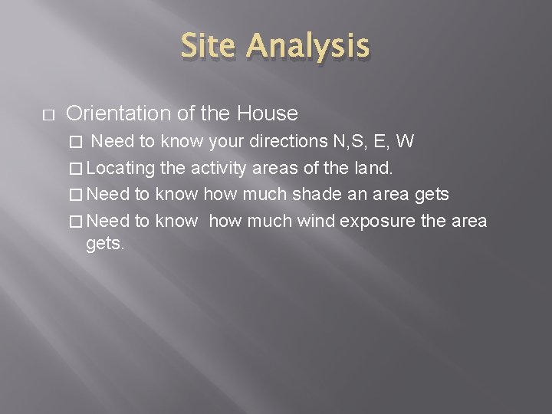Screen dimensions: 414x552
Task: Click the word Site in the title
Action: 209,47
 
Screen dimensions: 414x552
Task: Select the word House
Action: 268,113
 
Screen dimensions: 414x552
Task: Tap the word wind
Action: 317,221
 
